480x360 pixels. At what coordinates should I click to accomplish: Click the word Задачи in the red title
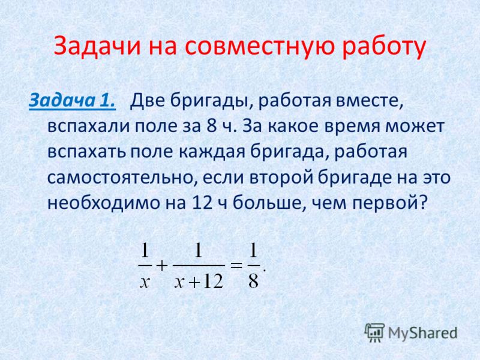click(97, 46)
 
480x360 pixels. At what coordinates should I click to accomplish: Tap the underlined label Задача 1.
click(72, 100)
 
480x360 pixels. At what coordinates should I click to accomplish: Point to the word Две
click(148, 100)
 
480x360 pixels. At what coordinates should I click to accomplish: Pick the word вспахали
click(89, 126)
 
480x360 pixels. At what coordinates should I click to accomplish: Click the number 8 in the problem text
click(211, 125)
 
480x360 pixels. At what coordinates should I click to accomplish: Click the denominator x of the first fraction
click(145, 281)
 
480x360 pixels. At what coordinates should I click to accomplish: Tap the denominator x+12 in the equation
click(199, 281)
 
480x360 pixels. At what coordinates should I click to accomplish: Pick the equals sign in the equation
click(236, 265)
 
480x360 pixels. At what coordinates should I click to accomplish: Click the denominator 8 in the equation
click(254, 280)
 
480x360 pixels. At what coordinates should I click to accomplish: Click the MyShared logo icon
click(374, 332)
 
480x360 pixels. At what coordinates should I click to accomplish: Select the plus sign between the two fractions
click(162, 265)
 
